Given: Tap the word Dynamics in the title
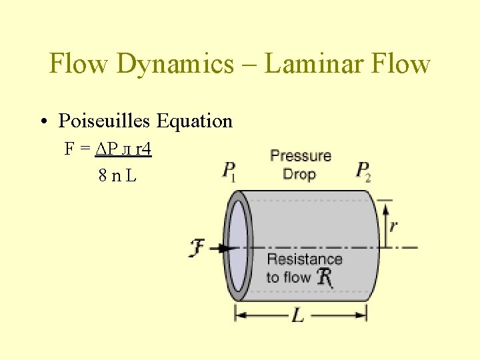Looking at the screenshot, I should pos(175,64).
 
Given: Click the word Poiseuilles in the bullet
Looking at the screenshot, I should pos(105,121).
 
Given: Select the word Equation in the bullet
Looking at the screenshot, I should pos(194,121).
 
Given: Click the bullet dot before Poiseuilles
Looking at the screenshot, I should pos(43,121).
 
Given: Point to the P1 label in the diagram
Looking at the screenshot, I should pos(229,171).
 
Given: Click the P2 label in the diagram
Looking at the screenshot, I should pos(363,171).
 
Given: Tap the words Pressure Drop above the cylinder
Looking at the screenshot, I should pos(301,165).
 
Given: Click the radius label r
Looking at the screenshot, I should pos(393,225).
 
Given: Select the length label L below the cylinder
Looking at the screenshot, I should pos(298,315).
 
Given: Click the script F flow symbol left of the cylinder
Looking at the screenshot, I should pos(198,248).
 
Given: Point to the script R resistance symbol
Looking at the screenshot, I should pos(325,277).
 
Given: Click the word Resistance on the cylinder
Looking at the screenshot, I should pos(304,259).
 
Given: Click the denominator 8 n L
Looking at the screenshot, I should pos(117,176).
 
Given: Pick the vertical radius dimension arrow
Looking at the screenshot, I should pos(384,223).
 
